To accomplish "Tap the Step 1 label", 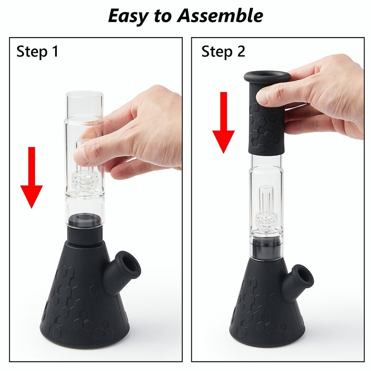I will [37, 51].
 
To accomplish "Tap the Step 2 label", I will [223, 51].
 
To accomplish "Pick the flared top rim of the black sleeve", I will [267, 76].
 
